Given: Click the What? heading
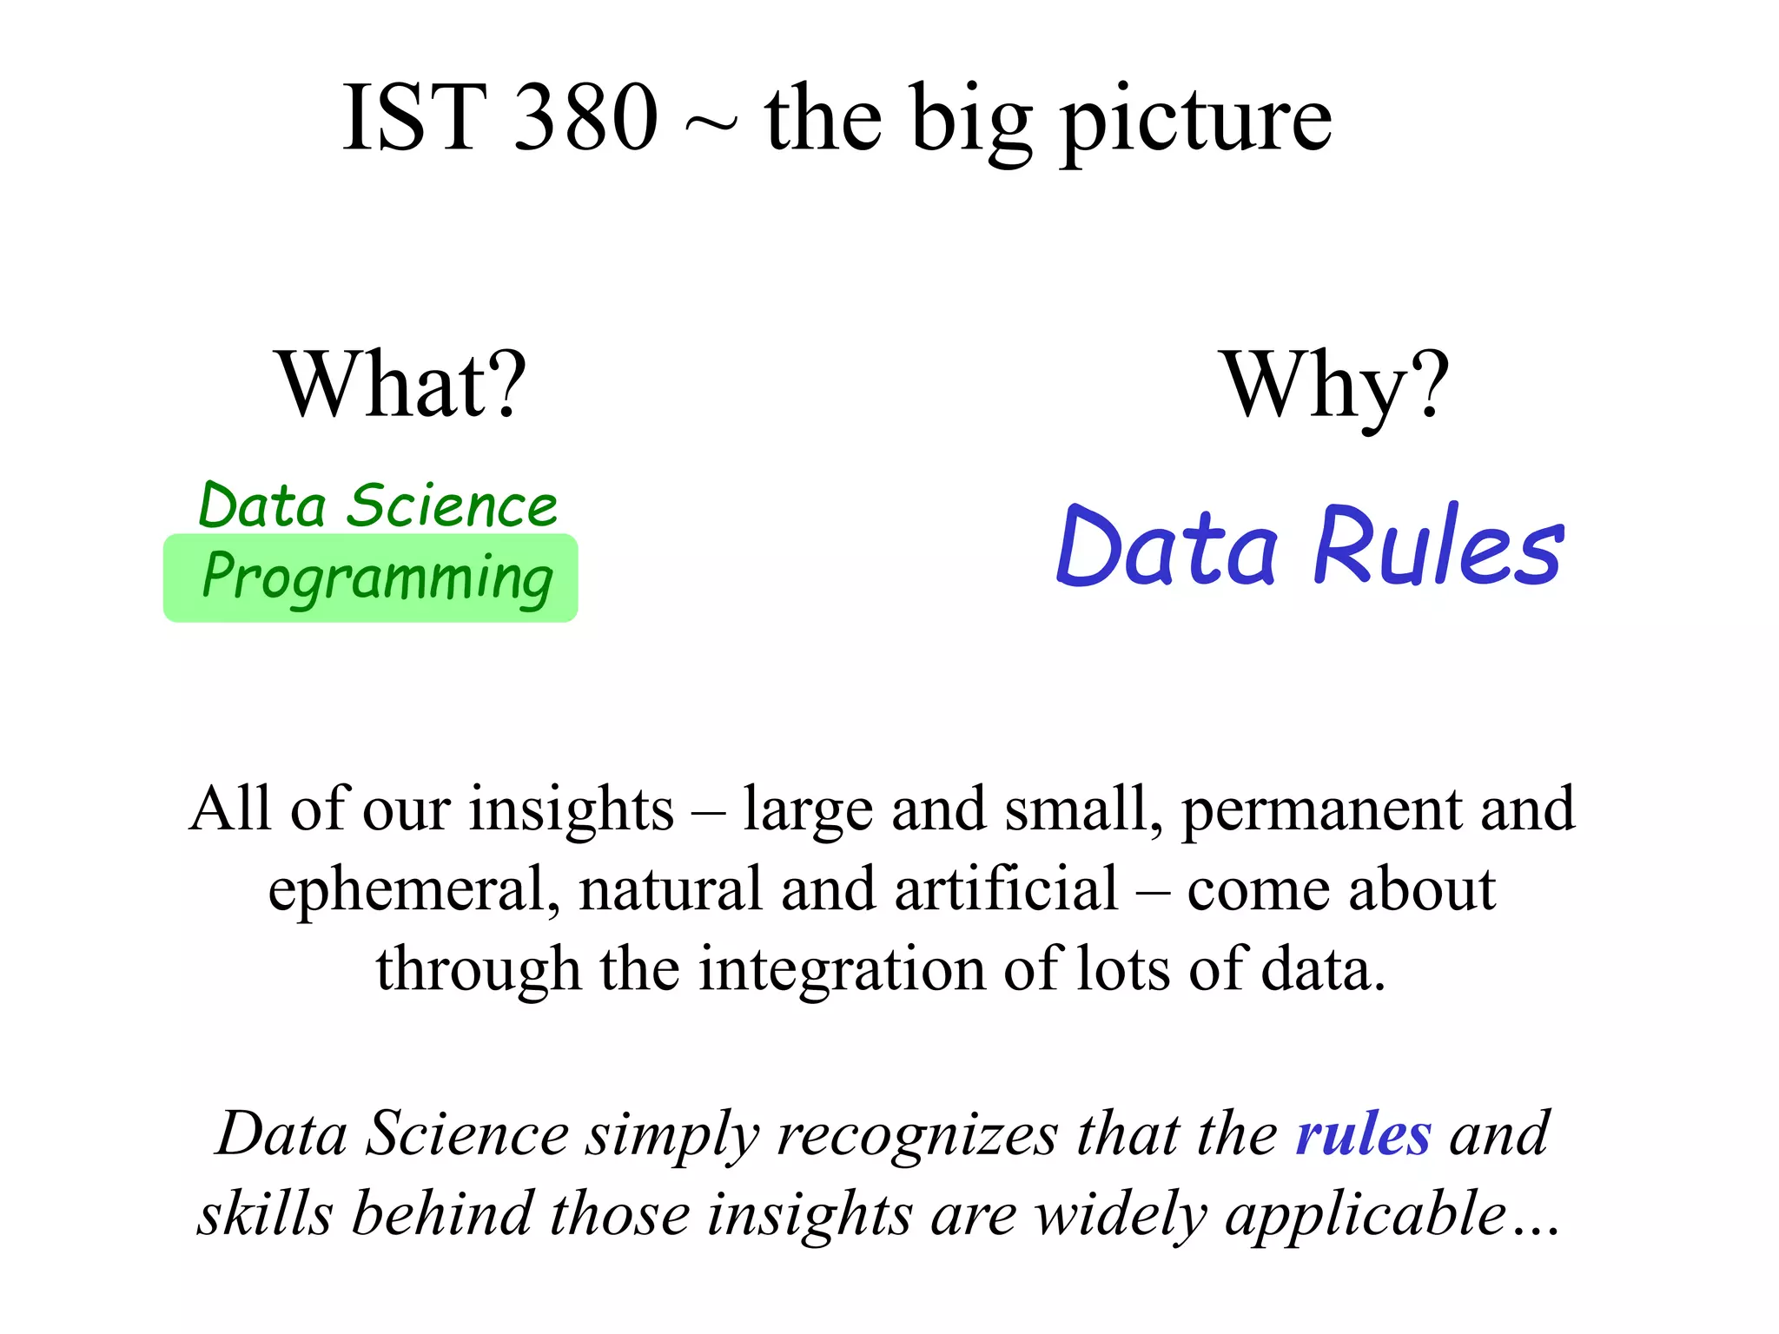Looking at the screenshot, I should click(401, 384).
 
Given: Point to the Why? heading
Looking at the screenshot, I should click(1336, 384).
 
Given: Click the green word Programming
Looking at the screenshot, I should click(377, 578).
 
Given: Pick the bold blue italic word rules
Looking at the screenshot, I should click(1363, 1134).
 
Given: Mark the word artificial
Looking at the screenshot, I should click(1006, 889).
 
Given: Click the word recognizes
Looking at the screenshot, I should click(918, 1136).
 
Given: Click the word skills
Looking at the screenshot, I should click(265, 1214).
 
